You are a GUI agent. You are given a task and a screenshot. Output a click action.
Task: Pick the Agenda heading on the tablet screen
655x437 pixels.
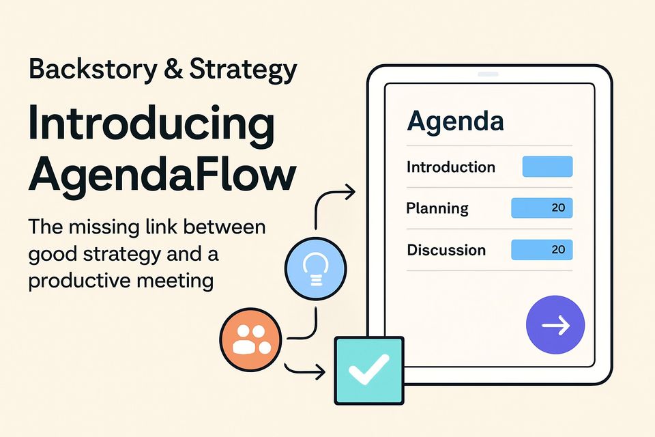pos(455,122)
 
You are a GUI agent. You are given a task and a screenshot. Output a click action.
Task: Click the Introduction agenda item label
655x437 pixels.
pos(451,167)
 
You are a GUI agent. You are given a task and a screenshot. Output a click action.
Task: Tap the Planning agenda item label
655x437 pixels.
pos(437,208)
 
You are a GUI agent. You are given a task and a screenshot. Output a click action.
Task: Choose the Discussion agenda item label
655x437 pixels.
pos(446,250)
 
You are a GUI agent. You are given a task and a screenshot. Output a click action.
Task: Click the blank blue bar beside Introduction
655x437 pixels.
pos(547,167)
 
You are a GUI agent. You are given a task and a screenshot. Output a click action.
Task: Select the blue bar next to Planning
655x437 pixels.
pos(542,208)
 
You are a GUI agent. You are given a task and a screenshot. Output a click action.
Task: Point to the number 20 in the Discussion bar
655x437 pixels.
pos(558,250)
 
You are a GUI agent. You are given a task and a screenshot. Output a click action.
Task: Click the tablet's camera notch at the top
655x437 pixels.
pos(488,74)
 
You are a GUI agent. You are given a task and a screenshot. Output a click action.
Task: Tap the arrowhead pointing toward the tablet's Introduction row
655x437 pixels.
pos(350,193)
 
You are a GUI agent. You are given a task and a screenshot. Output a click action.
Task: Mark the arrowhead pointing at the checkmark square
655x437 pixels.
pos(319,372)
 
